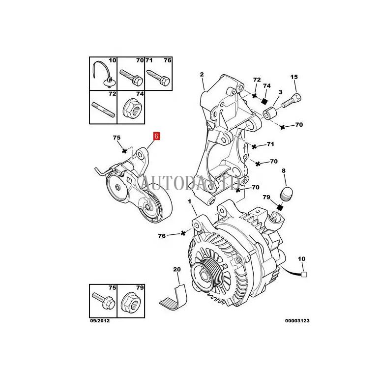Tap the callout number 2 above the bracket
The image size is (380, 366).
point(201,74)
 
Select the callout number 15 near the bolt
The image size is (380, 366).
point(294,77)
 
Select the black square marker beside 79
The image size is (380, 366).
point(280,207)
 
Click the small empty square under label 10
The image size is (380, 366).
point(304,275)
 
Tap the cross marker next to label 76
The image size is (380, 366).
point(183,232)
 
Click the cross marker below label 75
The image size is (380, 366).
point(125,150)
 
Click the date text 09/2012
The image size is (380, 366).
point(99,321)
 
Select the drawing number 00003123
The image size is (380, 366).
point(297,321)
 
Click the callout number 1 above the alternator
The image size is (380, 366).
point(190,201)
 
